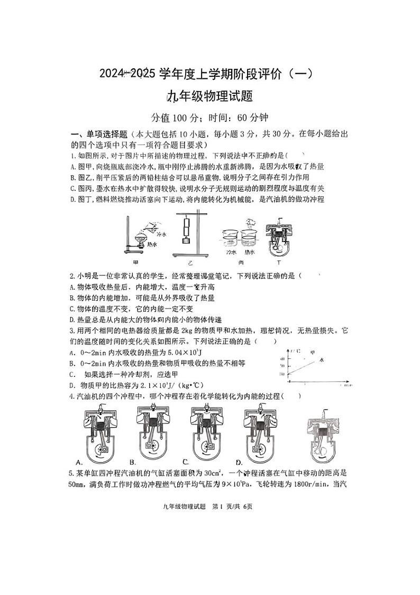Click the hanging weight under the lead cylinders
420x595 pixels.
pos(186,242)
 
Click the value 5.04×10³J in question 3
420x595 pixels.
pos(177,352)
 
